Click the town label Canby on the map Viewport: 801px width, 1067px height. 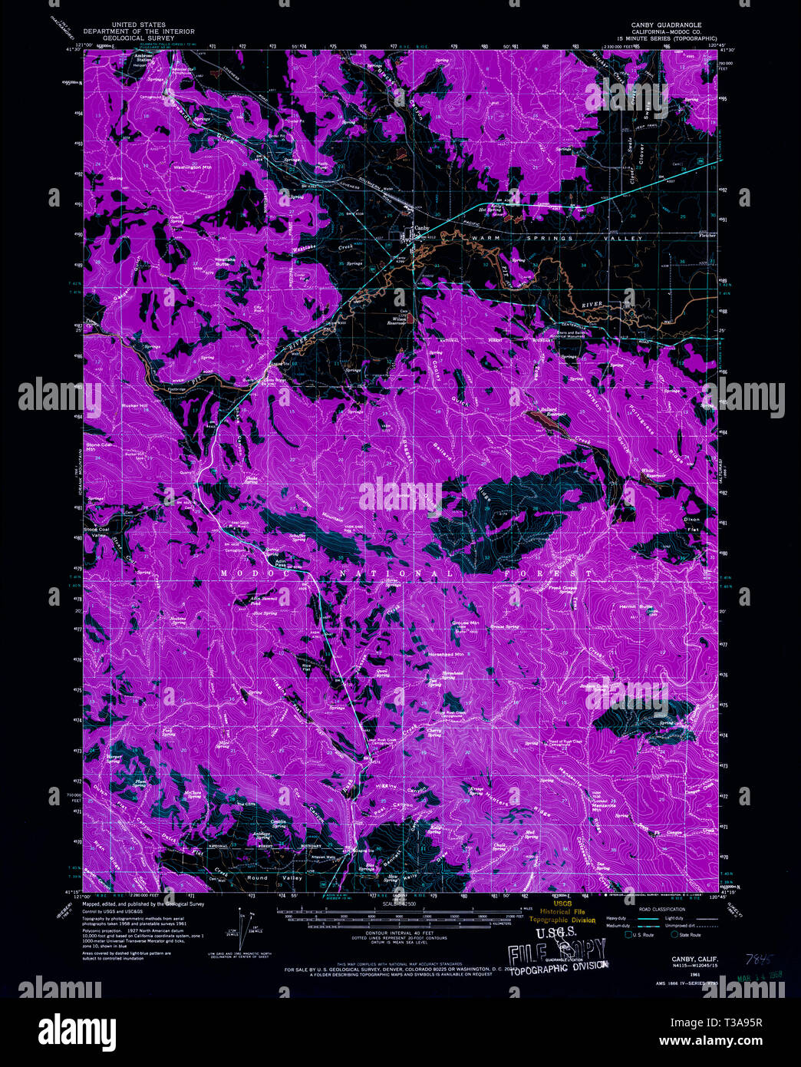click(x=421, y=228)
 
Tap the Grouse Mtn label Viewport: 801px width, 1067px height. click(x=465, y=623)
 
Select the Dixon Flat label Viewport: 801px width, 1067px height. click(x=692, y=524)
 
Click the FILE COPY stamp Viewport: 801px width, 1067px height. click(x=558, y=954)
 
